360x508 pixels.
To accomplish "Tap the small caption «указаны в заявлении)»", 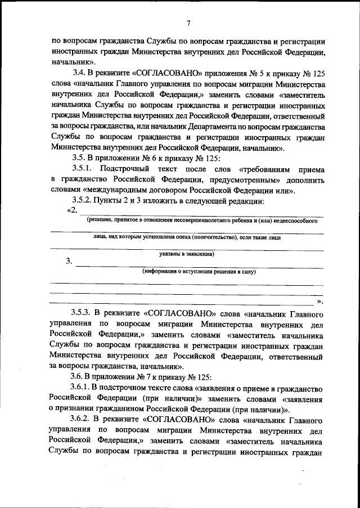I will click(188, 254).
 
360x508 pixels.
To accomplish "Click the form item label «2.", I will click(71, 211).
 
